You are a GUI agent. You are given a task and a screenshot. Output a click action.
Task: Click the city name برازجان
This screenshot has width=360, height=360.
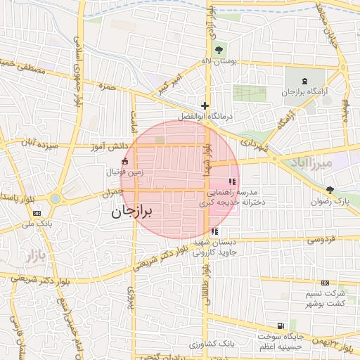pyautogui.click(x=134, y=210)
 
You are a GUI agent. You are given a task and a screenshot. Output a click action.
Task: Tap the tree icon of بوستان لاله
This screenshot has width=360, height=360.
pyautogui.click(x=218, y=50)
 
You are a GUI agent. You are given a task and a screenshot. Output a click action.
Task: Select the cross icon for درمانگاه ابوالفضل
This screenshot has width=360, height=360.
pyautogui.click(x=205, y=105)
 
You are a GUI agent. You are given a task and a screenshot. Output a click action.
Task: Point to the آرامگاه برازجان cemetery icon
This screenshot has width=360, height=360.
pyautogui.click(x=304, y=82)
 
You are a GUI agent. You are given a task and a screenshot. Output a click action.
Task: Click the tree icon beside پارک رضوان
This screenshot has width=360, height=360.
pyautogui.click(x=330, y=190)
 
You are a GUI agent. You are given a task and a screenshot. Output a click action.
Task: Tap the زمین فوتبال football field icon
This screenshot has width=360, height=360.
pyautogui.click(x=124, y=161)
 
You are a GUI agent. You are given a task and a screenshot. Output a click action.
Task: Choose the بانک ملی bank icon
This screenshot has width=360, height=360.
pyautogui.click(x=37, y=213)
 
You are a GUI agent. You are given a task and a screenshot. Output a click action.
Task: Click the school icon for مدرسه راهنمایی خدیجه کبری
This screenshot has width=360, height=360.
pyautogui.click(x=233, y=182)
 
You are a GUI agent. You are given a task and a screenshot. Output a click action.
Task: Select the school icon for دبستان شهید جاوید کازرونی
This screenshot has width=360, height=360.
pyautogui.click(x=214, y=231)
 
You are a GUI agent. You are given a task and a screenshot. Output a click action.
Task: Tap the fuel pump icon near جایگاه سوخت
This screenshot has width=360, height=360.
pyautogui.click(x=281, y=326)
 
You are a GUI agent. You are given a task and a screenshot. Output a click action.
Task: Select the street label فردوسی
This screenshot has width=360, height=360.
pyautogui.click(x=319, y=240)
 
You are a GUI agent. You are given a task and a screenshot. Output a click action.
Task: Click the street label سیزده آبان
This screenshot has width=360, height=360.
pyautogui.click(x=39, y=143)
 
